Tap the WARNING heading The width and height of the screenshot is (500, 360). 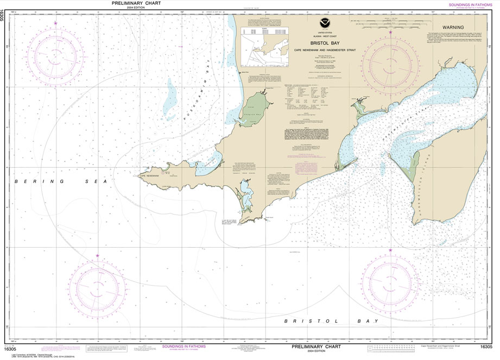(453, 27)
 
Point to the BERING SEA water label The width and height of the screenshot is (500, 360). (47, 181)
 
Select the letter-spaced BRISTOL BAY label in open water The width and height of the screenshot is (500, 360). (332, 321)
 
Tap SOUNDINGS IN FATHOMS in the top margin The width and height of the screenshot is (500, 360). (471, 5)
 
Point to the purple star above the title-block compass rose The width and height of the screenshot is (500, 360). (390, 33)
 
